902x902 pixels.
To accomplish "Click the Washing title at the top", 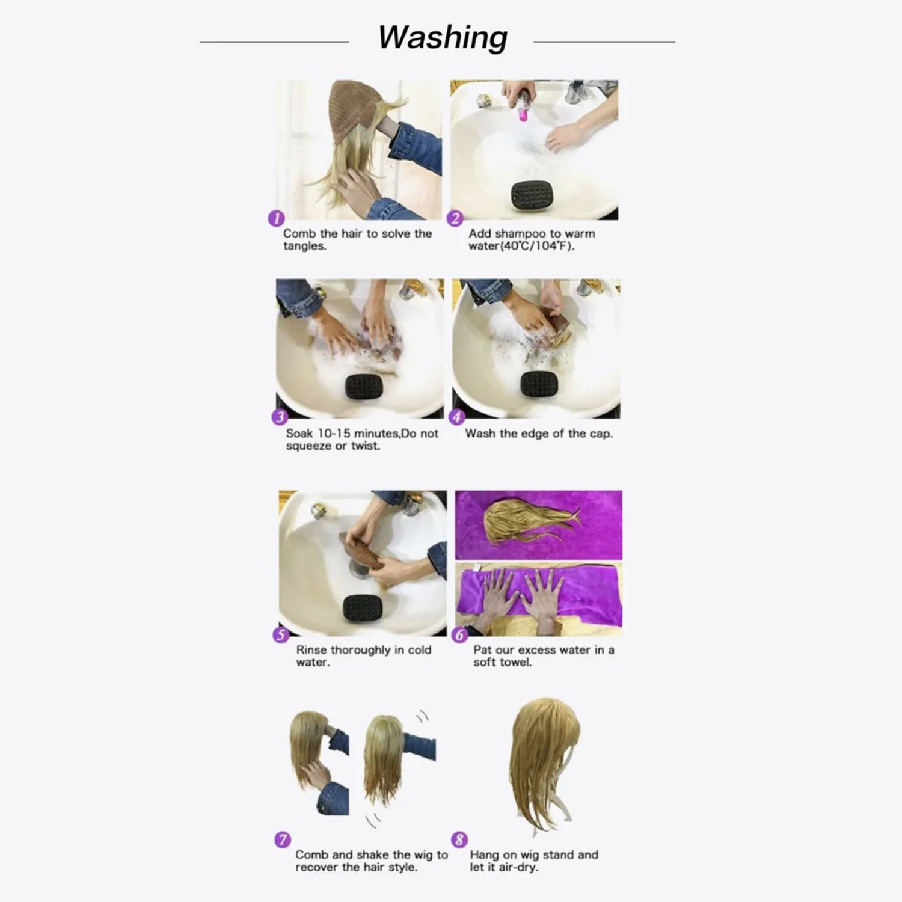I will [x=443, y=37].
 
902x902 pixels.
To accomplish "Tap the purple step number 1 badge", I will [x=276, y=218].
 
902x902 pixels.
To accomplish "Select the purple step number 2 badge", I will [x=456, y=218].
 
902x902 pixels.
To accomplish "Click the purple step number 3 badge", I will [x=280, y=417].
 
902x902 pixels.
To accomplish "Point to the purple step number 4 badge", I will [x=457, y=417].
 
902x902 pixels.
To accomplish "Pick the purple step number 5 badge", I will [x=281, y=635].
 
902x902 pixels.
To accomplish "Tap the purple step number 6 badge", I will [x=460, y=635].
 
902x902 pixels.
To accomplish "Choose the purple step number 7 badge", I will [x=283, y=839].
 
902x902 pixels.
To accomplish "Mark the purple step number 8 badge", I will [x=459, y=839].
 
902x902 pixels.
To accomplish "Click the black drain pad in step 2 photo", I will [x=531, y=195].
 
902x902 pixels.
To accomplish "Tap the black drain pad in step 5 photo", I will [x=363, y=609].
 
